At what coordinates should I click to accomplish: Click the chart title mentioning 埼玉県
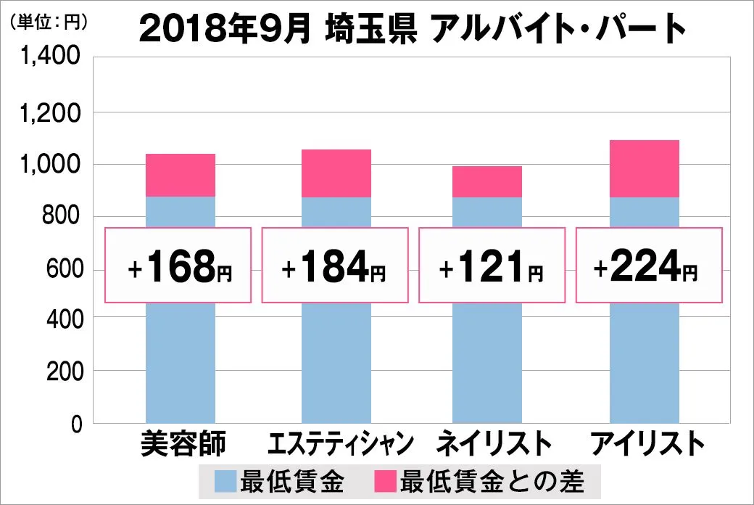coord(411,30)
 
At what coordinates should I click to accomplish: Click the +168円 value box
coord(178,265)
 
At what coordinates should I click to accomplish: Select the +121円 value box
coord(491,265)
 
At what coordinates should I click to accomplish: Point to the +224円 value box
coord(648,265)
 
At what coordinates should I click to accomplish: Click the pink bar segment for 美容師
coord(181,175)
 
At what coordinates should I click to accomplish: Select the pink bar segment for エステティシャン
coord(336,173)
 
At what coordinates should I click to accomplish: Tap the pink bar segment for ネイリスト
coord(487,181)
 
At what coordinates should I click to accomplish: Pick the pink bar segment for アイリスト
coord(645,168)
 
